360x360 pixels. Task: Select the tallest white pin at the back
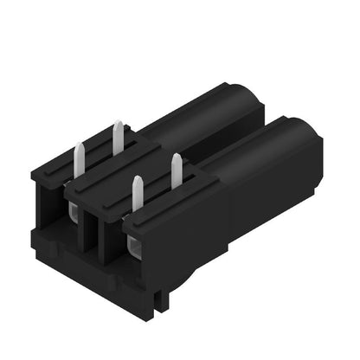click(x=117, y=139)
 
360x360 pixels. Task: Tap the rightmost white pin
click(x=177, y=170)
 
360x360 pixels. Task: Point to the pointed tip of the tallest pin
click(x=117, y=124)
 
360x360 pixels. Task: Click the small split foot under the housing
click(x=157, y=299)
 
